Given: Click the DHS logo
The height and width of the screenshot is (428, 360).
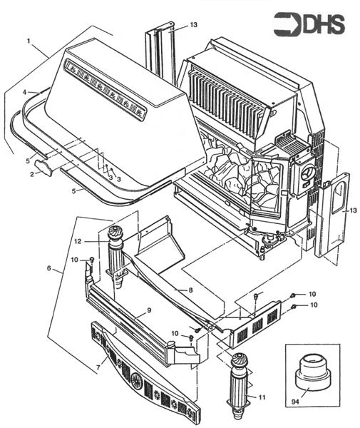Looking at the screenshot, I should click(309, 24).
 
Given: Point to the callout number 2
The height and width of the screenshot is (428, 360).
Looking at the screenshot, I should click(32, 173).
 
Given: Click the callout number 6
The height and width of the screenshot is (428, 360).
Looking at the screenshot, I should click(48, 268).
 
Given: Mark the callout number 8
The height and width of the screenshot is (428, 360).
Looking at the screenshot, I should click(190, 291).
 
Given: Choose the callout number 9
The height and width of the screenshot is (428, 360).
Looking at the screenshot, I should click(149, 311).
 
